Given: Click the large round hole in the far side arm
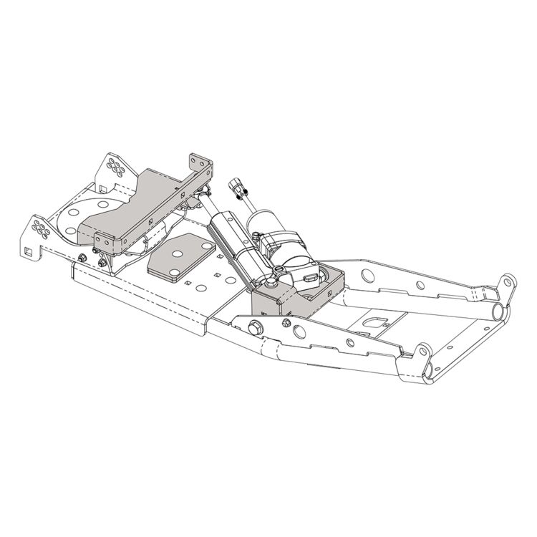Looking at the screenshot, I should pos(365,274).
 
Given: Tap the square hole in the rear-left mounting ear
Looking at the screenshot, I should pos(105,188).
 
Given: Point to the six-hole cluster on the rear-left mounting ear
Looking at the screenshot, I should pos(114,167).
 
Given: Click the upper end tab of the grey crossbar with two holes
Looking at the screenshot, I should pos(200,164).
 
